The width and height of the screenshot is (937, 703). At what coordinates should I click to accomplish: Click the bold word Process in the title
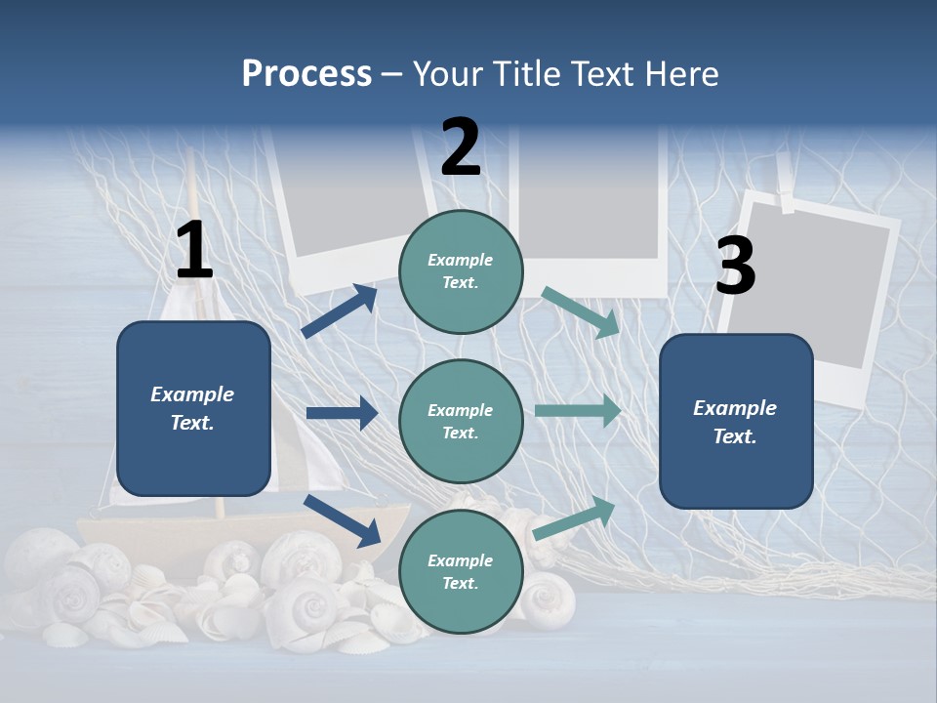pos(306,73)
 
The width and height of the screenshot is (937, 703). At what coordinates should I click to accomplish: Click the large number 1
pos(194,251)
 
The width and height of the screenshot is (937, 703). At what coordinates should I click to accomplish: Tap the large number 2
pos(461,147)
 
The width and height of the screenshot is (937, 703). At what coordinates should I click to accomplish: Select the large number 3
pos(735,267)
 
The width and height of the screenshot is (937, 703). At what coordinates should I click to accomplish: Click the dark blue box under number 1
pos(193,408)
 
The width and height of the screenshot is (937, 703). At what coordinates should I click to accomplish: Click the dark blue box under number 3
pos(736,422)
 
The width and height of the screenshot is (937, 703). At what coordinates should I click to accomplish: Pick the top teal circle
pos(461,271)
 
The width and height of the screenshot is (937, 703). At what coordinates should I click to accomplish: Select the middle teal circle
pos(461,421)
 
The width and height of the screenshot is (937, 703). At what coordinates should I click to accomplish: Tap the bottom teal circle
pos(461,571)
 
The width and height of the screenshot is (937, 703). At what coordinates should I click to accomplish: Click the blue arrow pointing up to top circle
pos(340,311)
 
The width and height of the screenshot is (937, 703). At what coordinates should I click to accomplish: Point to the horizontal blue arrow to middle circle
pos(342,413)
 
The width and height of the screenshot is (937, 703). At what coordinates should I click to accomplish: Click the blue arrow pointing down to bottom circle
pos(342,519)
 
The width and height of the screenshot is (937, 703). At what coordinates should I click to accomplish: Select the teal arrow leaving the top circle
pos(581,311)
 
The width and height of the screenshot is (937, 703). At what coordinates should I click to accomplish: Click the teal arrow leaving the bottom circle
pos(575,518)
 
